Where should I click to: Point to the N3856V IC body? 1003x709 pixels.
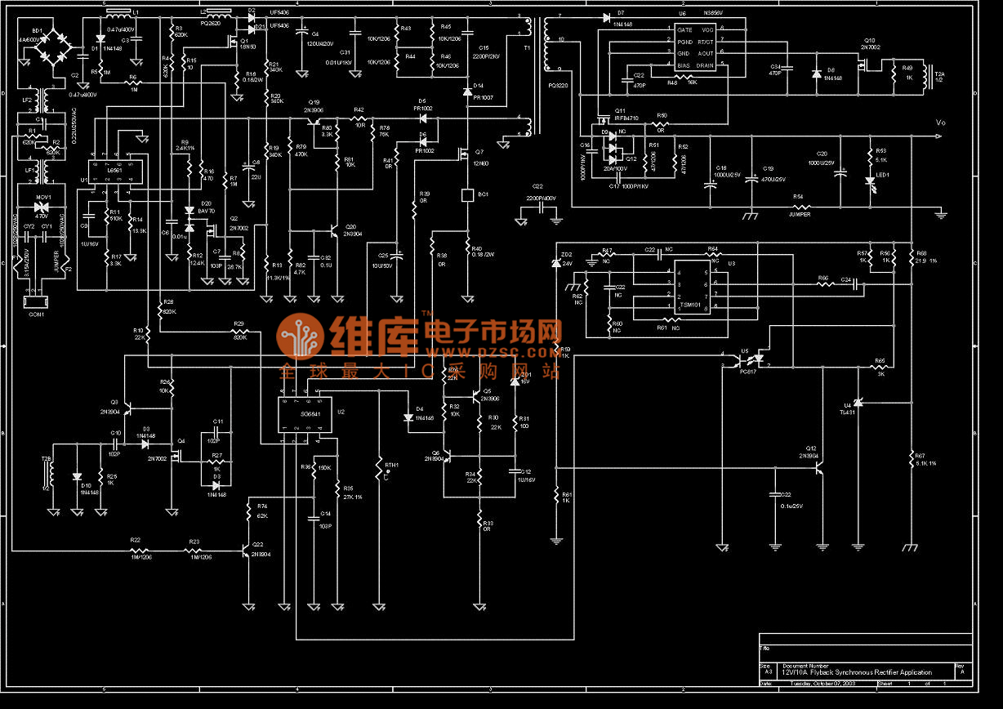(695, 47)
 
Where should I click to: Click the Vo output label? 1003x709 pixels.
(940, 123)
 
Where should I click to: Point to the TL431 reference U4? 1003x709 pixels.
(858, 402)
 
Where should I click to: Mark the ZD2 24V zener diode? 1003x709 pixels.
(556, 263)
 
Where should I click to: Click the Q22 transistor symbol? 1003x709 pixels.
(246, 551)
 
